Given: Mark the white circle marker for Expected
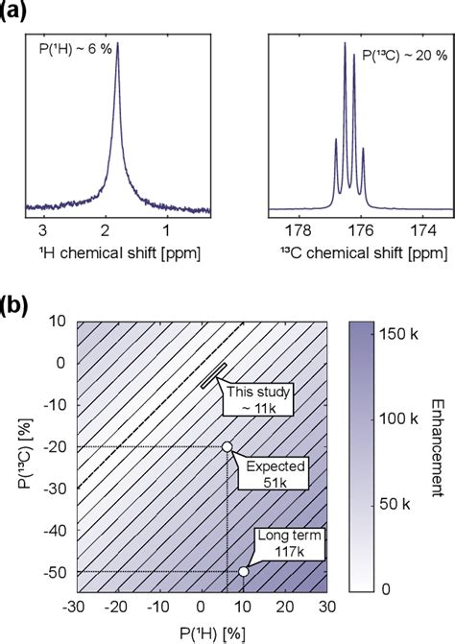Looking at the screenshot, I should pos(227,446).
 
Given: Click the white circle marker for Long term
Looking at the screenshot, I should pos(244,571).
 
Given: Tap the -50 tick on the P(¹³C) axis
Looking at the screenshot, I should pos(51,571).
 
